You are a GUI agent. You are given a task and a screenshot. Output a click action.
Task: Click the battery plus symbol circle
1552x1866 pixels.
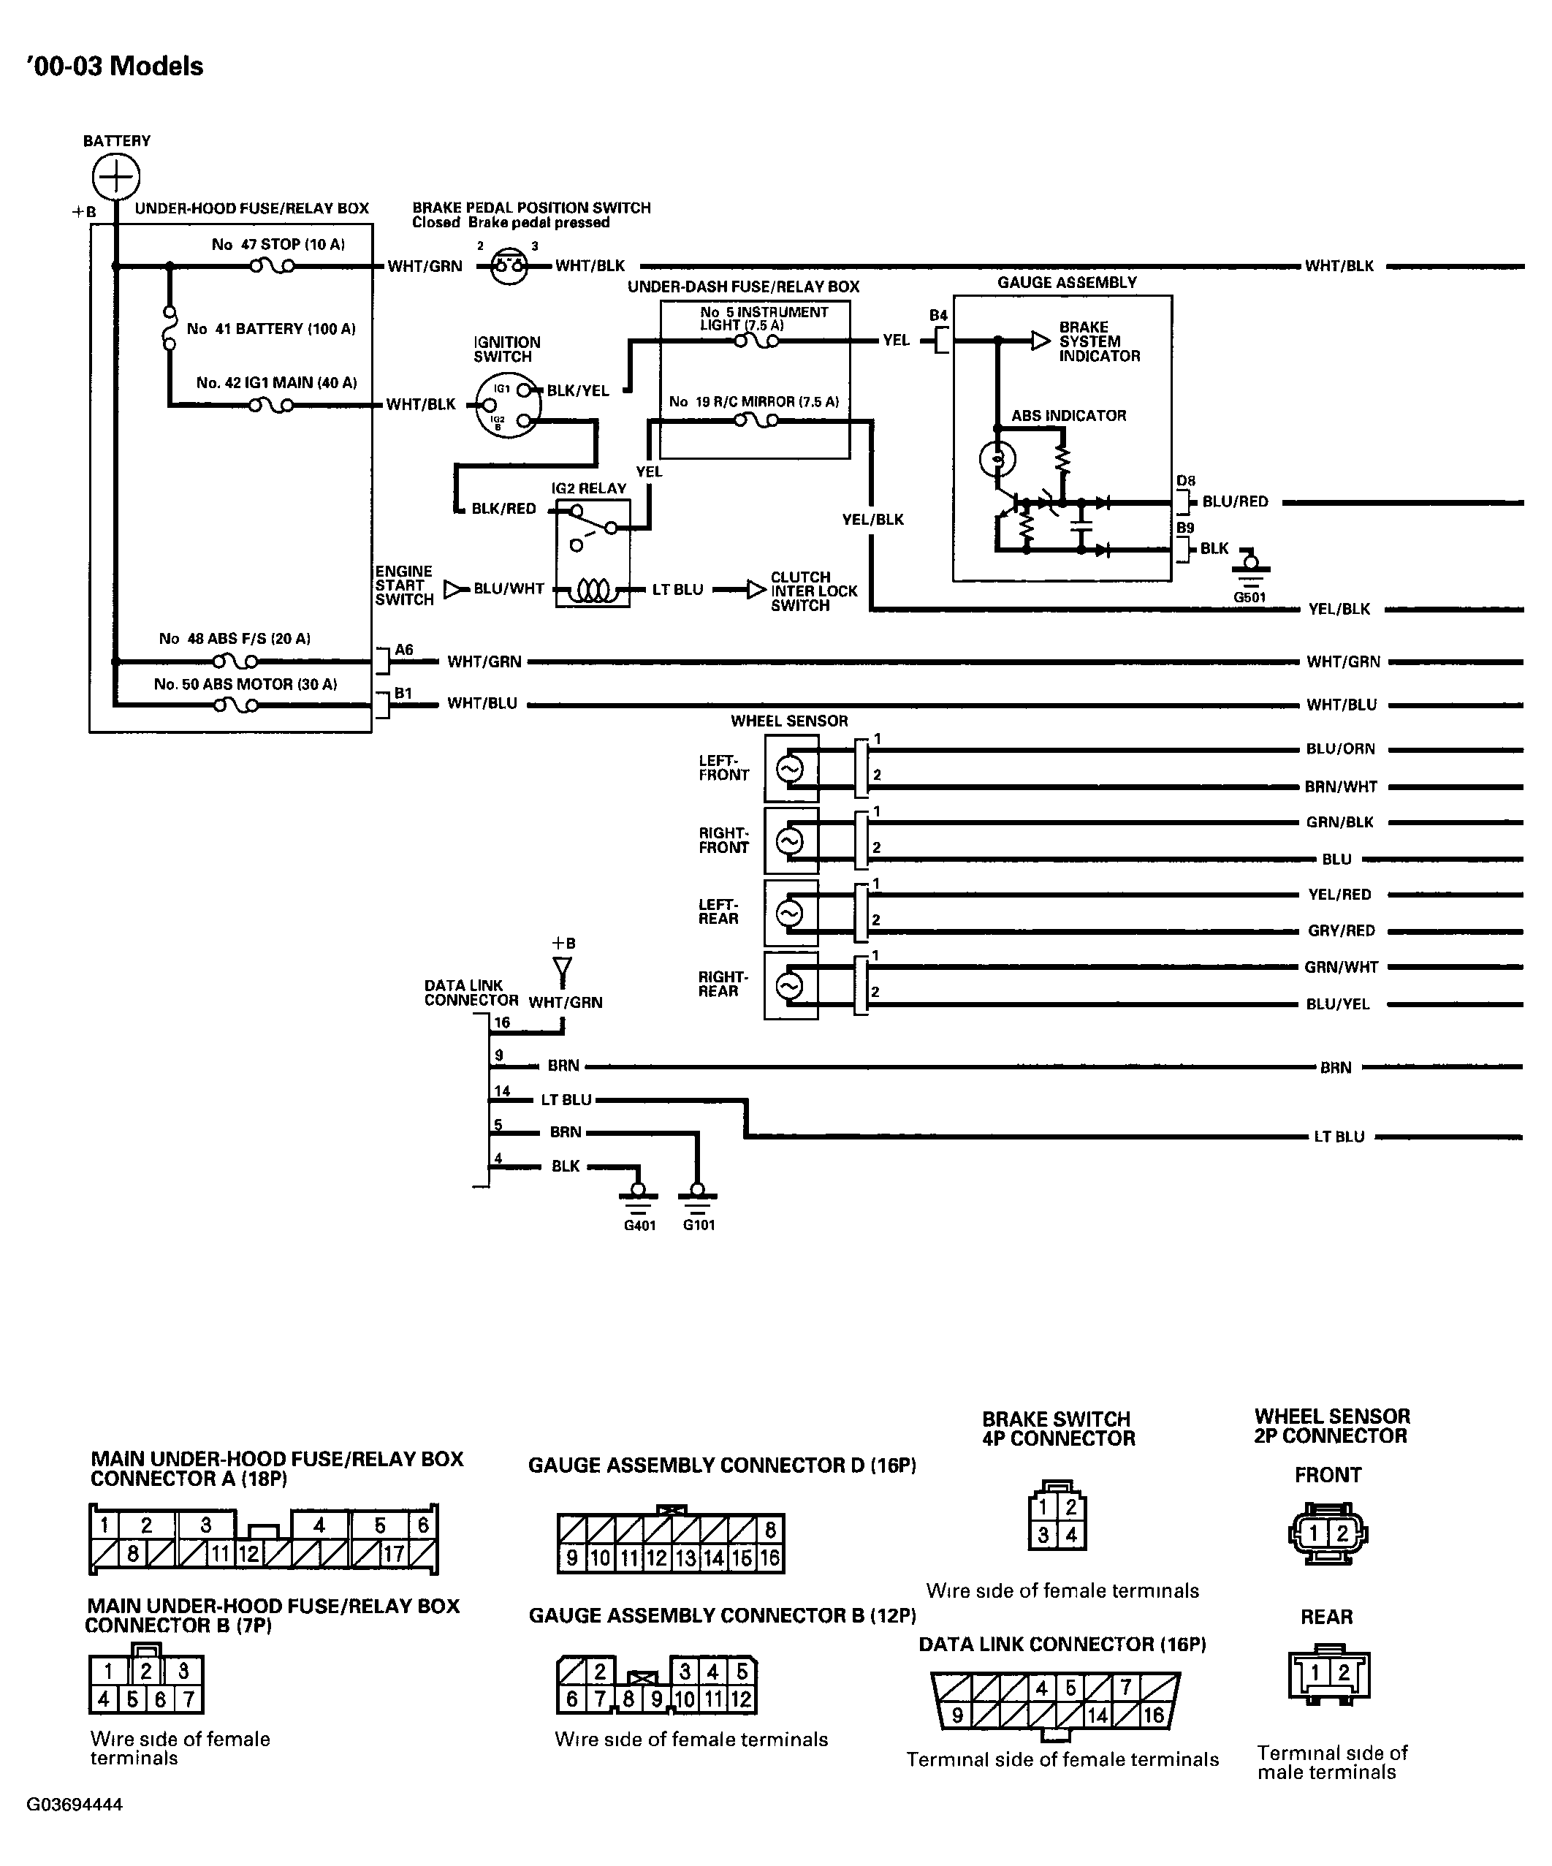point(115,176)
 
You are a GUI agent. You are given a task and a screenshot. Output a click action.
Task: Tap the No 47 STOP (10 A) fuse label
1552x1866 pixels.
point(278,244)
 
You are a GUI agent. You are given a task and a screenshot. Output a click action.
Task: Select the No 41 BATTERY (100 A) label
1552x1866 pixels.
point(271,329)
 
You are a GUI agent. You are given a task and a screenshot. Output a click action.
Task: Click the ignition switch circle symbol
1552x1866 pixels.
point(507,404)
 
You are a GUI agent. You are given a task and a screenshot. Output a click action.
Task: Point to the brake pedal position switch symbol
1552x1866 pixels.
point(509,265)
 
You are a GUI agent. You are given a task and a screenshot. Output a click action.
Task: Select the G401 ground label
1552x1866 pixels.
point(639,1225)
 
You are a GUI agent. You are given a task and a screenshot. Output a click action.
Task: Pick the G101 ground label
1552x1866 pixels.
point(699,1225)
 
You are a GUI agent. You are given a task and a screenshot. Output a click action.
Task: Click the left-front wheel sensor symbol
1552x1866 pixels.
point(790,769)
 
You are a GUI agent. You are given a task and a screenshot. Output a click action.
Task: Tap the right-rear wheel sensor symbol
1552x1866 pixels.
point(790,986)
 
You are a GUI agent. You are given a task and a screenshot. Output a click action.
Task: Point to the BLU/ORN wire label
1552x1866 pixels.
point(1341,749)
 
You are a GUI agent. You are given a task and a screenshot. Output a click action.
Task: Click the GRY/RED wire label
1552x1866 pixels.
point(1342,930)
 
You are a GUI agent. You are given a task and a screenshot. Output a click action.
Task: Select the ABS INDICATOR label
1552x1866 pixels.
point(1069,415)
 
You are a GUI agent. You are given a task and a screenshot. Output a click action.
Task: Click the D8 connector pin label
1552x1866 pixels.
point(1186,482)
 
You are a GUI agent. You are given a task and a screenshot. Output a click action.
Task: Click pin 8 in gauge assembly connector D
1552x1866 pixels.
point(770,1529)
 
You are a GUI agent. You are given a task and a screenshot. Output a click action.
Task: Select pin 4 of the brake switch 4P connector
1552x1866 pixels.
point(1071,1535)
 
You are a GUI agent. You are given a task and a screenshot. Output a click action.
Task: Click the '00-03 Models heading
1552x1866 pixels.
point(115,67)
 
